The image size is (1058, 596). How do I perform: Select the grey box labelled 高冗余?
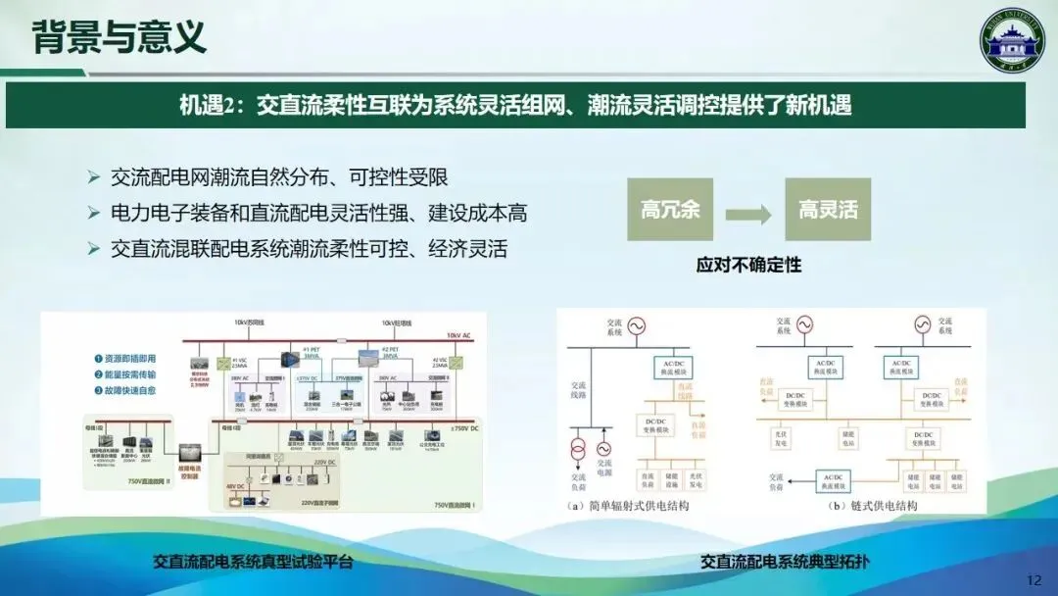pyautogui.click(x=670, y=210)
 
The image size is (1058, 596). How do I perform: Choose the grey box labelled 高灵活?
pyautogui.click(x=827, y=210)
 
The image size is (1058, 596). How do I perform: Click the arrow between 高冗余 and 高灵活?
pyautogui.click(x=748, y=211)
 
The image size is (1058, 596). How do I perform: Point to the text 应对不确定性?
pyautogui.click(x=748, y=265)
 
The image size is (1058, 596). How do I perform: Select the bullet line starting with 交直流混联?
pyautogui.click(x=309, y=247)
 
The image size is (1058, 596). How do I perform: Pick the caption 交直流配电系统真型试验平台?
pyautogui.click(x=252, y=562)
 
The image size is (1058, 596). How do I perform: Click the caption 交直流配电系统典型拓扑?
pyautogui.click(x=786, y=562)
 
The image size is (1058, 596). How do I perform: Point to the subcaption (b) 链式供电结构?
pyautogui.click(x=858, y=507)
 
